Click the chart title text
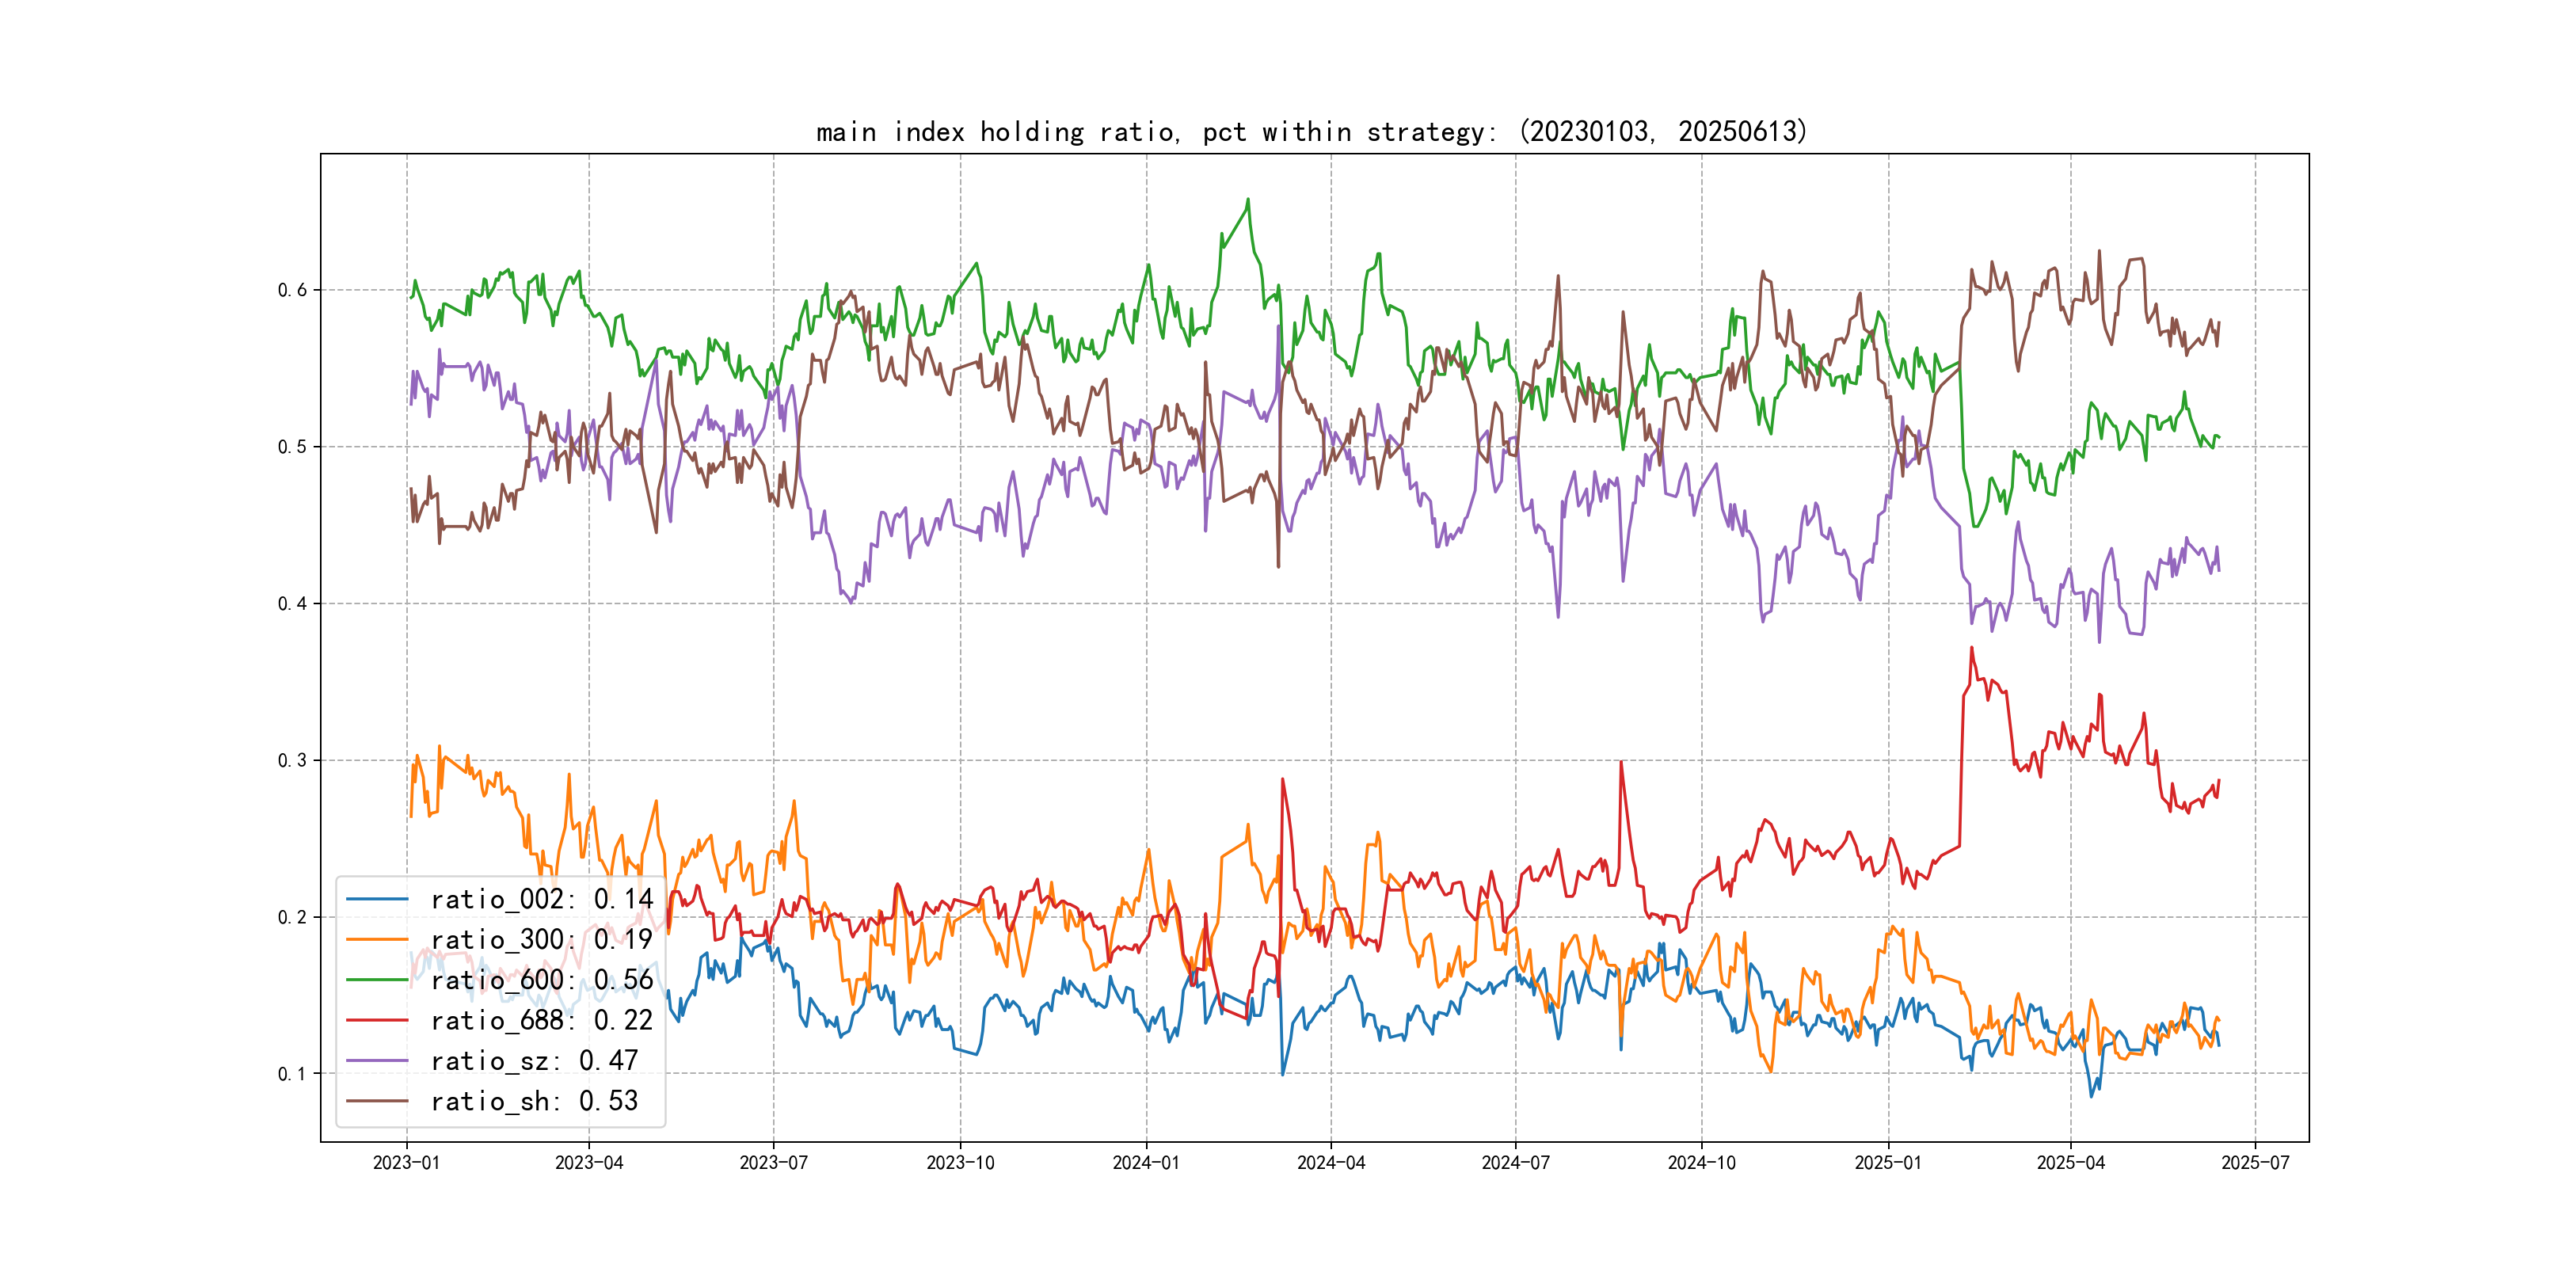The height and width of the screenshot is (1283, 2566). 1311,131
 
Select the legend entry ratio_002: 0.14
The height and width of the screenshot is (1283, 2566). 541,900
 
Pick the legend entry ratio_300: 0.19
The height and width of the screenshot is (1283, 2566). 541,939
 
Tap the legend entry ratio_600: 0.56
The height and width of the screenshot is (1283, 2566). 541,980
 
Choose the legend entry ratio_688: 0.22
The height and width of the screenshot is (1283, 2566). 541,1020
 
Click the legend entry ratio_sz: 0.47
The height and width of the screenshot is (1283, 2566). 534,1061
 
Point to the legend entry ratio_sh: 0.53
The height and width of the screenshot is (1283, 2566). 534,1101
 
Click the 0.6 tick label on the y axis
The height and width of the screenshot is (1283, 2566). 292,290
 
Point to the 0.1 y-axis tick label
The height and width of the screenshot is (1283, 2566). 292,1074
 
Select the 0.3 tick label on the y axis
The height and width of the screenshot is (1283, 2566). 292,760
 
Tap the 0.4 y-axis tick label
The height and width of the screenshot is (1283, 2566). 292,603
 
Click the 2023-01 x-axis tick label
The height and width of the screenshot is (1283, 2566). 406,1163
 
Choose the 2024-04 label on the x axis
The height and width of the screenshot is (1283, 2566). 1331,1163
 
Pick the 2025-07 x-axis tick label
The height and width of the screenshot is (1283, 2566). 2256,1163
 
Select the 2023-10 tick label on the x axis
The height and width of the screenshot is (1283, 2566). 960,1163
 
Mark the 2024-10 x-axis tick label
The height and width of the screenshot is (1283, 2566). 1701,1163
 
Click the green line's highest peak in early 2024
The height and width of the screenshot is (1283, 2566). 1248,200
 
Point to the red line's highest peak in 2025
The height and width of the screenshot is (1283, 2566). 1971,648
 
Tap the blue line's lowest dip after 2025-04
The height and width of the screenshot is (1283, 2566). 2092,1097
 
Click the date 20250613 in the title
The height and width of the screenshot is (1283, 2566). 1739,131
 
